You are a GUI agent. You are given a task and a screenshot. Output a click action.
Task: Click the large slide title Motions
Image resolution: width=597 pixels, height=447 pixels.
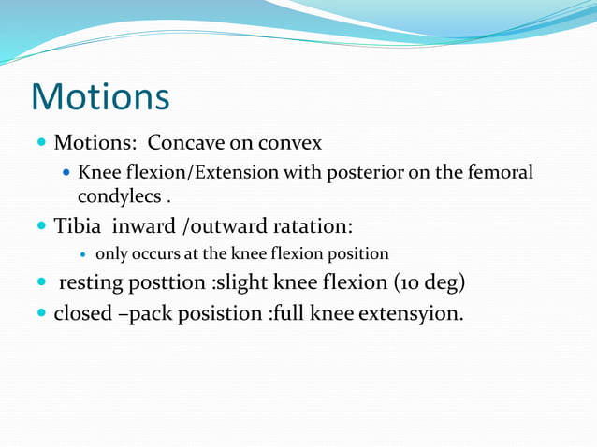100,96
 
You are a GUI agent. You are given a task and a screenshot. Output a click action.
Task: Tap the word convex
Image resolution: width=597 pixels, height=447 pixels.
290,144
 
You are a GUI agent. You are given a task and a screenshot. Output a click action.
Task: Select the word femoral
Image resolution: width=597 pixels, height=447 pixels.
500,173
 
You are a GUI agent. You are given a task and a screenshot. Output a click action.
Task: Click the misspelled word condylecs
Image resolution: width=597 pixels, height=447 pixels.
116,197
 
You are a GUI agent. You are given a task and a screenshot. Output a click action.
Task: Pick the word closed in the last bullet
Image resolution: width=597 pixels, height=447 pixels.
86,311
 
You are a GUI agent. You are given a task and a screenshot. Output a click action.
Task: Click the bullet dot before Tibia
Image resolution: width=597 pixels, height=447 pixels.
41,227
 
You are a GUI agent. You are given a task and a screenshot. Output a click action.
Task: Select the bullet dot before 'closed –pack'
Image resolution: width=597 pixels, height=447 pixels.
41,312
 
